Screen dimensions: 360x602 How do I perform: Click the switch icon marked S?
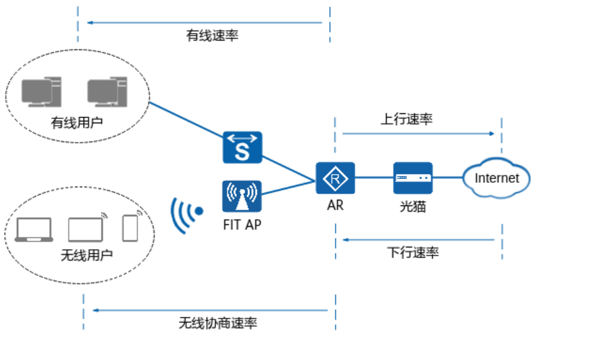point(242,148)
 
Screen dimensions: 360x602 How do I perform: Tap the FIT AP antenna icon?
point(242,196)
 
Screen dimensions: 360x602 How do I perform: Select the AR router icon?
point(335,178)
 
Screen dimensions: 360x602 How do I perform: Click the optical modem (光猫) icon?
point(413,178)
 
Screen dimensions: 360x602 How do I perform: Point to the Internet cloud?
point(497,178)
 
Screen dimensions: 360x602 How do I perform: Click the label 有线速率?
point(212,35)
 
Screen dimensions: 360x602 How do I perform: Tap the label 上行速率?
point(407,119)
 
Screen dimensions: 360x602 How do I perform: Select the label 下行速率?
point(413,252)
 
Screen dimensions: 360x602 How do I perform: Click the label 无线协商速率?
point(217,323)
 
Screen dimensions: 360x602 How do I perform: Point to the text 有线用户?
point(76,123)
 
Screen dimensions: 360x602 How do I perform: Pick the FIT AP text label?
point(242,224)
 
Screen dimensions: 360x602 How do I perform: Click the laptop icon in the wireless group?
point(34,230)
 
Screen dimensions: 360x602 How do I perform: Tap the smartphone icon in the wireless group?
point(130,228)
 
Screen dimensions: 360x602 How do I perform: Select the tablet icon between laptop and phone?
point(86,229)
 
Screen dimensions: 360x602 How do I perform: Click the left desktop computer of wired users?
point(41,91)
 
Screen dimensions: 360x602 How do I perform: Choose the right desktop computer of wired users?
point(107,91)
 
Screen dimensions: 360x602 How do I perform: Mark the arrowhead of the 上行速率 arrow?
point(492,133)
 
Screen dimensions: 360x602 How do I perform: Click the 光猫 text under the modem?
point(413,205)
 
